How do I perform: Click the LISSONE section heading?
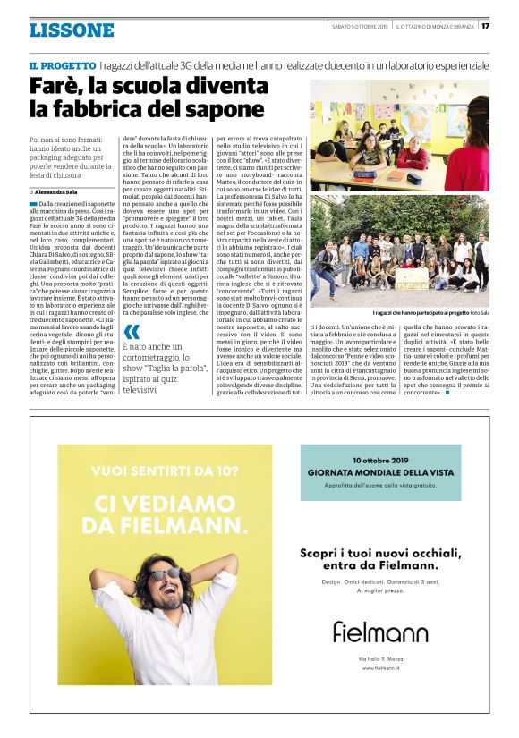(x=72, y=30)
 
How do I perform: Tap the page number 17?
(x=486, y=25)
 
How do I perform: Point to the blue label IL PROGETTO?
(x=62, y=66)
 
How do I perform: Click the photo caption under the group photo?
(x=442, y=313)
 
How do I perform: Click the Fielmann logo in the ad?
(x=380, y=632)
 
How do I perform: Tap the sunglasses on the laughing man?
(x=166, y=573)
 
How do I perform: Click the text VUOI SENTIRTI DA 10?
(x=147, y=470)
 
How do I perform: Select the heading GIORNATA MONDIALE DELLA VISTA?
(x=380, y=471)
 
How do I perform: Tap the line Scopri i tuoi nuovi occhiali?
(x=380, y=551)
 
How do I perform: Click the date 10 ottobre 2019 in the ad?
(x=380, y=458)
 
